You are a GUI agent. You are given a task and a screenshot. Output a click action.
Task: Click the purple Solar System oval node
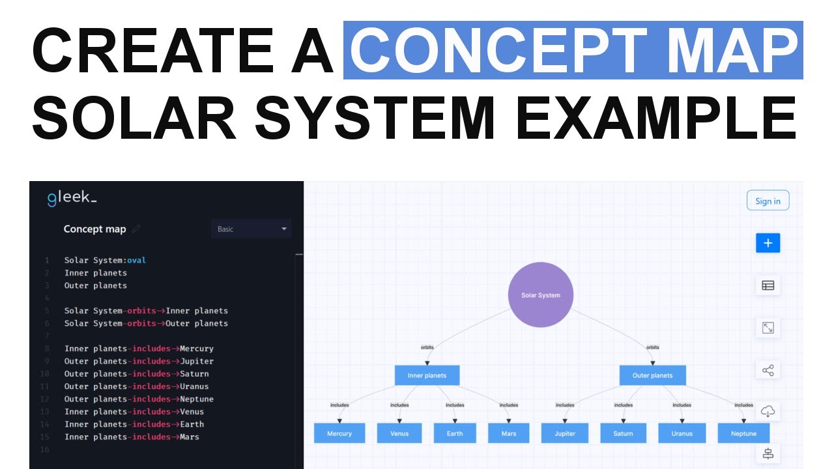coord(540,295)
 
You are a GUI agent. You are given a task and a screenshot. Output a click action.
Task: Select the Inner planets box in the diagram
coord(427,375)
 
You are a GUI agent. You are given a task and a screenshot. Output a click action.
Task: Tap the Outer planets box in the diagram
coord(652,375)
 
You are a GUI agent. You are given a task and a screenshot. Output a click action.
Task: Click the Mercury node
coord(339,433)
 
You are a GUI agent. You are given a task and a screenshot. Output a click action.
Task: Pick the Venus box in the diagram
coord(399,433)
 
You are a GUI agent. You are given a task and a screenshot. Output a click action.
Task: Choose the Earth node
coord(455,433)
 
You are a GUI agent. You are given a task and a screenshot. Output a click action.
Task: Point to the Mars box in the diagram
coord(509,433)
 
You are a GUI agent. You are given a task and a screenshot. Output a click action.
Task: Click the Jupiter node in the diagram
coord(565,433)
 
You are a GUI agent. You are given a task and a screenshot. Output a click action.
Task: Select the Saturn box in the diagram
coord(623,433)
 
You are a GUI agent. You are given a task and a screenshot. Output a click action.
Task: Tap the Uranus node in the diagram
coord(682,433)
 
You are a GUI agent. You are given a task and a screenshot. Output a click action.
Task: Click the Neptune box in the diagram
coord(743,433)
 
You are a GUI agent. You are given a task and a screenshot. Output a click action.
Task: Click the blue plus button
coord(768,243)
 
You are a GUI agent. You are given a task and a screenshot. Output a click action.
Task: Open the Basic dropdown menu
coord(251,229)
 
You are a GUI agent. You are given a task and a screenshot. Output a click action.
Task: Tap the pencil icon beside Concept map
coord(136,229)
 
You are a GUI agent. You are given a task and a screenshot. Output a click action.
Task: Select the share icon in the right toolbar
coord(768,371)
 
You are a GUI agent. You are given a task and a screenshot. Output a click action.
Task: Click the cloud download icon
coord(768,412)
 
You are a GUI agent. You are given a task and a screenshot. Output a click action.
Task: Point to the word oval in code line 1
coord(137,261)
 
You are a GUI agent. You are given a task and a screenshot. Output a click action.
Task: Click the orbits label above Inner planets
coord(427,347)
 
